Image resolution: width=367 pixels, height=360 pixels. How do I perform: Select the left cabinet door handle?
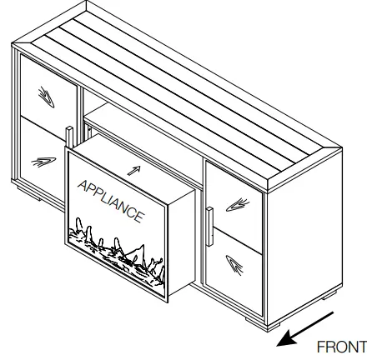coord(68,142)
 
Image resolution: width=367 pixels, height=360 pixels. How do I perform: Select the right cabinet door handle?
coord(209,224)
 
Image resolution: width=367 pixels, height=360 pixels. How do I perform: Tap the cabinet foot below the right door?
coord(253,319)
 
